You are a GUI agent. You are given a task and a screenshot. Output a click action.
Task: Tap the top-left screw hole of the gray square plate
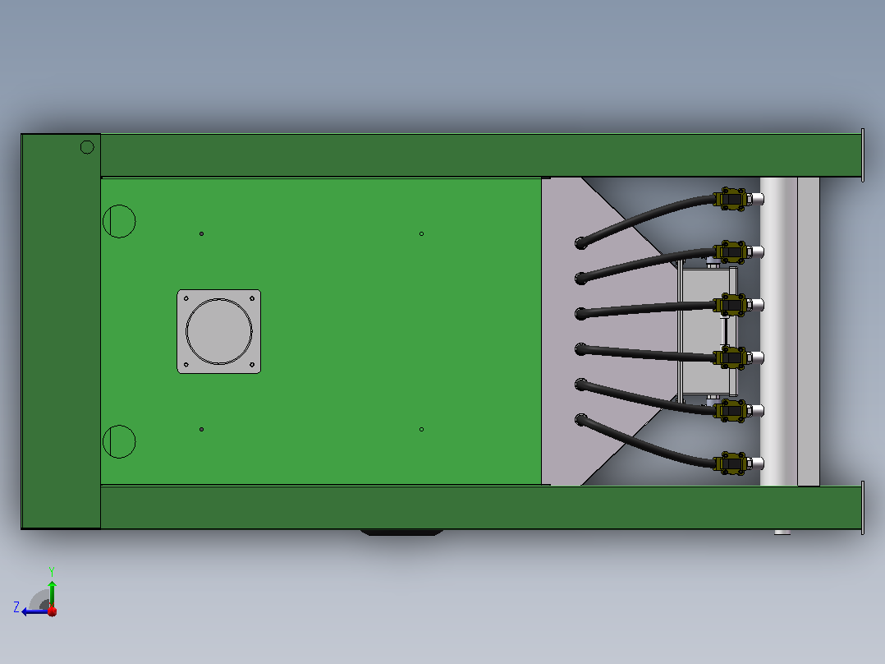(x=186, y=298)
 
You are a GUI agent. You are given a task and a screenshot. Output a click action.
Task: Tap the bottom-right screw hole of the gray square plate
(x=252, y=365)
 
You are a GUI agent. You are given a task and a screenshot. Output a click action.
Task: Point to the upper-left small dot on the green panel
(x=201, y=233)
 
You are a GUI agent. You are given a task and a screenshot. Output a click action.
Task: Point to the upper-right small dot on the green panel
(x=422, y=233)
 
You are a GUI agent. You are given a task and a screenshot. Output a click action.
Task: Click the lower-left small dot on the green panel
(x=201, y=430)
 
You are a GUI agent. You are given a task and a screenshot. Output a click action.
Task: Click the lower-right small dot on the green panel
(x=422, y=430)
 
